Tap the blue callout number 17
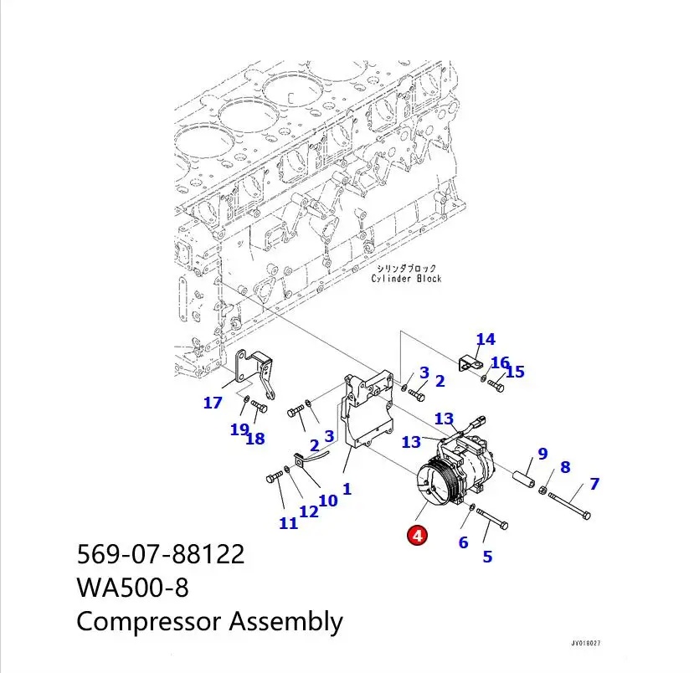[x=213, y=403]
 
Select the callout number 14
[x=486, y=339]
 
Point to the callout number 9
[x=542, y=454]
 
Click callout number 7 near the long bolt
[x=594, y=483]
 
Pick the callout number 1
[x=346, y=488]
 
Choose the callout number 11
[x=288, y=523]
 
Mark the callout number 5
[x=487, y=556]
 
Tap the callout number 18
[x=255, y=438]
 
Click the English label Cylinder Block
[x=406, y=279]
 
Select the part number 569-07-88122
[x=161, y=554]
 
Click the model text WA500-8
[x=132, y=588]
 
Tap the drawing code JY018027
[x=585, y=644]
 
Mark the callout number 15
[x=515, y=371]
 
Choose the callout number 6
[x=463, y=542]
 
